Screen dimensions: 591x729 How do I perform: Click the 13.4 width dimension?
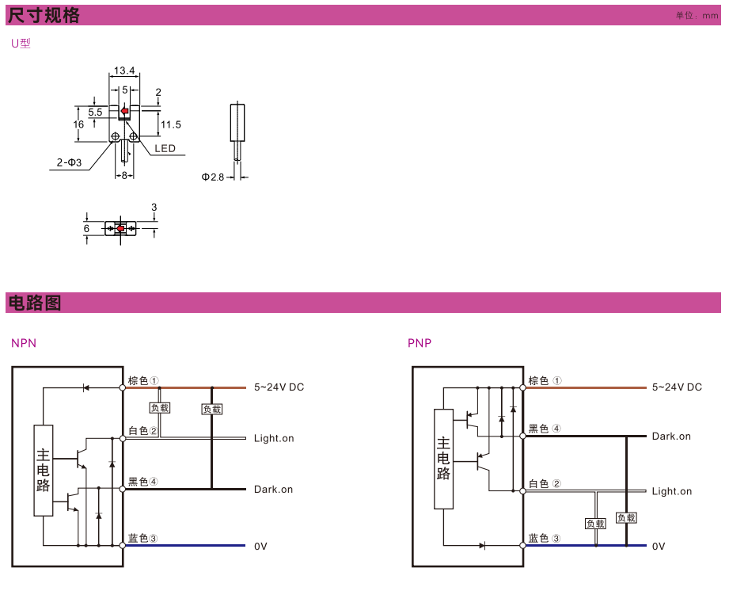click(123, 71)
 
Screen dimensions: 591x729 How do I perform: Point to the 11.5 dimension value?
click(171, 124)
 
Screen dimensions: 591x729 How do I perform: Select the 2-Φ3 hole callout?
click(69, 162)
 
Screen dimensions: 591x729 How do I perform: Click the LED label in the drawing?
click(165, 148)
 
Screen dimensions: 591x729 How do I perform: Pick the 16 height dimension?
click(78, 124)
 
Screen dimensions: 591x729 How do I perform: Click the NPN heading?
click(24, 343)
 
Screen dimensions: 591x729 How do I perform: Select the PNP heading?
click(420, 343)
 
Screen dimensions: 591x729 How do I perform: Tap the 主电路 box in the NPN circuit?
click(44, 470)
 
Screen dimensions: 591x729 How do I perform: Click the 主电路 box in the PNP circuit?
click(443, 459)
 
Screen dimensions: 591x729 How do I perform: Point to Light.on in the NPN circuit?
click(274, 438)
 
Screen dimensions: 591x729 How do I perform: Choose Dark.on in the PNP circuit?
click(671, 437)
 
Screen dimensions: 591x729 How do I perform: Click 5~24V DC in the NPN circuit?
click(279, 387)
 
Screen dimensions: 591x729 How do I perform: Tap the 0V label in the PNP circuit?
click(659, 547)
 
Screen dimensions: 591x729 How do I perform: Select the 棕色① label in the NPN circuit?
click(143, 380)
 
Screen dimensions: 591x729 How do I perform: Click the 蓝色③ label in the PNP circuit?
click(545, 539)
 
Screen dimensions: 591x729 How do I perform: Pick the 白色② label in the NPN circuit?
click(143, 431)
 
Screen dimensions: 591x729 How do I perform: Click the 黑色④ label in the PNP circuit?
click(545, 429)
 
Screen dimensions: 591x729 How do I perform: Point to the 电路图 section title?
click(34, 303)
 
